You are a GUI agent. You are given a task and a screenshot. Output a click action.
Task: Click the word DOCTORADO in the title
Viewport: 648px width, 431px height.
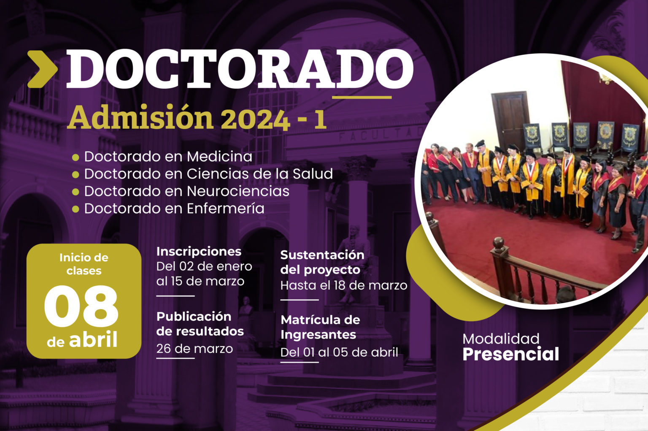240,69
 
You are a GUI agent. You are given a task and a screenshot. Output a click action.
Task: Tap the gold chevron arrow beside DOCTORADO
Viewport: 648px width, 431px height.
43,69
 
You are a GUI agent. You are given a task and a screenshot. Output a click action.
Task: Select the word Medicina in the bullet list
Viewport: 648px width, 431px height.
219,157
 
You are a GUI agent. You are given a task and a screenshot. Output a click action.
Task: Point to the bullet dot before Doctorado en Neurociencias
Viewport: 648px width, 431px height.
76,192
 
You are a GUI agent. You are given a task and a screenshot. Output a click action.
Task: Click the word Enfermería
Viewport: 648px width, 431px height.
226,209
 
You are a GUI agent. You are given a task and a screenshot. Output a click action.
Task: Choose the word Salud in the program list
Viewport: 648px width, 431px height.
313,173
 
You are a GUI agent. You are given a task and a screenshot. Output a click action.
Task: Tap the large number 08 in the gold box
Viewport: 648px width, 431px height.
81,306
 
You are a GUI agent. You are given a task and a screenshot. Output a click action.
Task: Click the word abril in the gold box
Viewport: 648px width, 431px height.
93,339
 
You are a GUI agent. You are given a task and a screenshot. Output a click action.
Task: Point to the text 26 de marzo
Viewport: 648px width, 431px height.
194,349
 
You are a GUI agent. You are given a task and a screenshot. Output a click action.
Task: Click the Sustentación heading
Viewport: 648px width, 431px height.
322,255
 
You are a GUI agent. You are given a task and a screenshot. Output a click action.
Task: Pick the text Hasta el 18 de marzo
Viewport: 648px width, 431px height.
344,285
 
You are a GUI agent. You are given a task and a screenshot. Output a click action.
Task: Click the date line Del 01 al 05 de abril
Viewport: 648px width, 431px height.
339,352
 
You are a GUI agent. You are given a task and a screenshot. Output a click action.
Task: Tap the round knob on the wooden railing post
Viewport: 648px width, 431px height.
498,243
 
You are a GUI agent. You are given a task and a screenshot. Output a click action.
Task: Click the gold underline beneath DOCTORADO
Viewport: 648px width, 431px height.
362,97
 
